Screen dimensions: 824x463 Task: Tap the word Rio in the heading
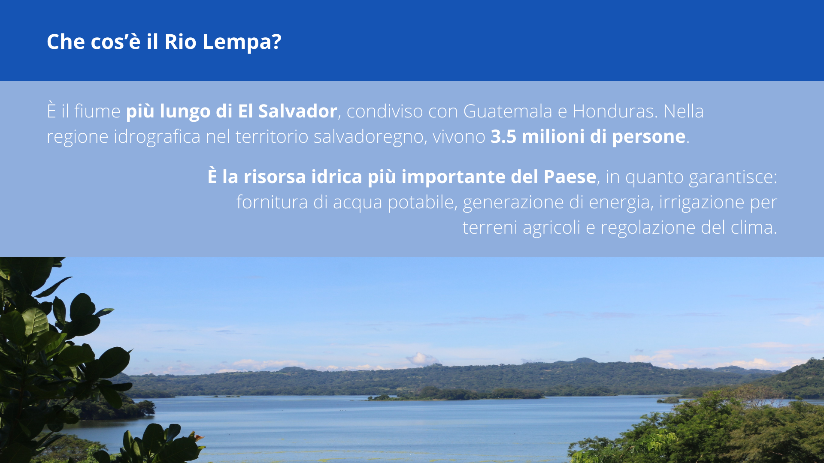pyautogui.click(x=181, y=42)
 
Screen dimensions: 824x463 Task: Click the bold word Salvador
pyautogui.click(x=297, y=111)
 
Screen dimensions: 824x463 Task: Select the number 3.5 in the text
pyautogui.click(x=503, y=136)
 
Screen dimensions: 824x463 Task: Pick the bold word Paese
pyautogui.click(x=570, y=177)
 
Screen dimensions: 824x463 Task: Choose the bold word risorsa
pyautogui.click(x=275, y=177)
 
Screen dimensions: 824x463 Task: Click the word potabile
pyautogui.click(x=421, y=202)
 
